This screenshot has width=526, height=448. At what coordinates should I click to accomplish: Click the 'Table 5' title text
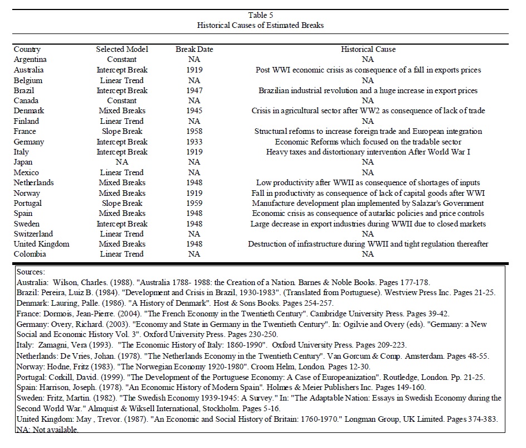click(x=260, y=15)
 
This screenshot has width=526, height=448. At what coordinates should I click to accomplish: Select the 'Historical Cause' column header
click(x=368, y=49)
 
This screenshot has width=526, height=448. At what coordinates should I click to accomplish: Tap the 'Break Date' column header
click(x=194, y=49)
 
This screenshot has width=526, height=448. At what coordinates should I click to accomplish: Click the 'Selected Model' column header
click(x=122, y=49)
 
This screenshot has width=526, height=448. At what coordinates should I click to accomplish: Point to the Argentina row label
click(x=30, y=60)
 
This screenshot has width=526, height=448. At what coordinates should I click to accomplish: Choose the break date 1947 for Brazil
click(x=194, y=90)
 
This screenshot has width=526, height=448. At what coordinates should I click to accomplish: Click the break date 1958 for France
click(x=194, y=132)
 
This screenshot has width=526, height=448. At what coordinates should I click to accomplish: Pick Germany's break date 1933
click(x=194, y=142)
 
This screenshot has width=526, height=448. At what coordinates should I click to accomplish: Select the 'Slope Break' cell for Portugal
click(x=122, y=203)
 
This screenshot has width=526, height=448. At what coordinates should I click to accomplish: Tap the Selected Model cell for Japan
click(x=122, y=162)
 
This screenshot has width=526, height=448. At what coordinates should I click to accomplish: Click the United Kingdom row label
click(x=42, y=244)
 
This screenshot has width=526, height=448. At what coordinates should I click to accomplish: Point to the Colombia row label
click(x=30, y=254)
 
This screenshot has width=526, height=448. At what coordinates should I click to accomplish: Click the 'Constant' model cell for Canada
click(x=122, y=100)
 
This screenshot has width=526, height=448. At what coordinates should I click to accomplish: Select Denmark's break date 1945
click(x=194, y=111)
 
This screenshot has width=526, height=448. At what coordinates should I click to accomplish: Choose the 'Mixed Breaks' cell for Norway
click(x=122, y=193)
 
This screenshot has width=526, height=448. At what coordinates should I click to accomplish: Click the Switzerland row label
click(x=33, y=234)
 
